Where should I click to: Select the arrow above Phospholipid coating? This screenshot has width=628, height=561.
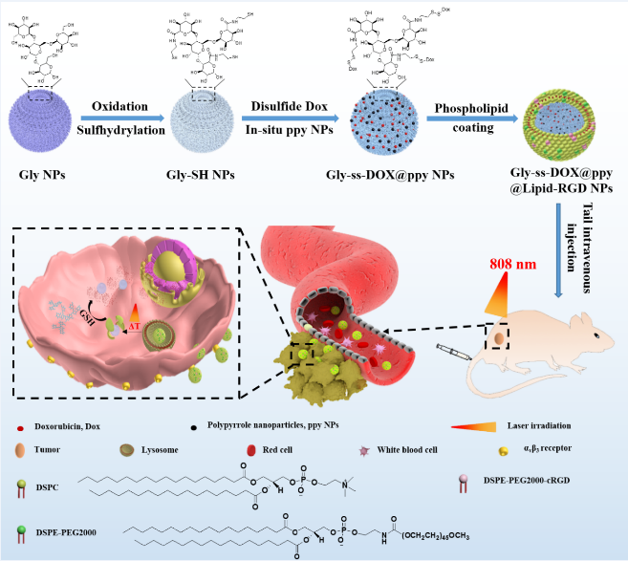(469, 119)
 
